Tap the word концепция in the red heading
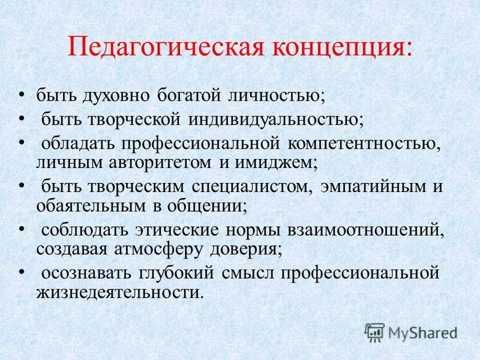coord(328,47)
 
